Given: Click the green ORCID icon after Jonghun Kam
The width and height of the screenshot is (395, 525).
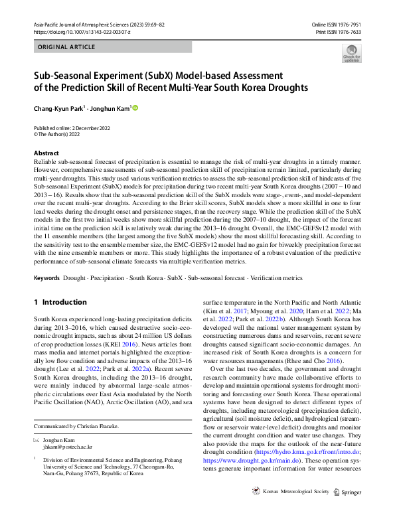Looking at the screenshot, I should pos(136,106).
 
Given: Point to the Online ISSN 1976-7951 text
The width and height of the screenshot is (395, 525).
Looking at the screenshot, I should pos(336,24).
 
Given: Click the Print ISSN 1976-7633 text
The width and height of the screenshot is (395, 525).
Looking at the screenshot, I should pos(339,31).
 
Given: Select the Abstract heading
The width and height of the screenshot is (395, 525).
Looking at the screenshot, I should pos(46,153).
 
